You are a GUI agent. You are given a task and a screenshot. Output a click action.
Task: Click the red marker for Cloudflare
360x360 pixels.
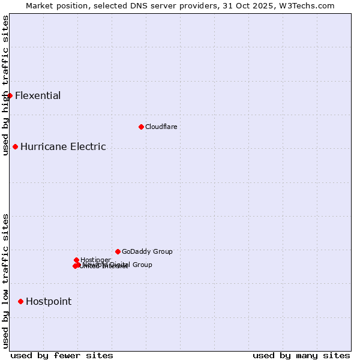[141, 127]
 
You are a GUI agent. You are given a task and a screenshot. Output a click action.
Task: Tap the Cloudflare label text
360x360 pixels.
[161, 127]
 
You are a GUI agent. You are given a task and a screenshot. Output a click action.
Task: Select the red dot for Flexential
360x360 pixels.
[10, 95]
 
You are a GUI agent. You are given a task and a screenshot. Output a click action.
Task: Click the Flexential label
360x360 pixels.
[38, 95]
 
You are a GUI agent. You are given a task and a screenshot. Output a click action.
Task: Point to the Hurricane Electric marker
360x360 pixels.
[15, 146]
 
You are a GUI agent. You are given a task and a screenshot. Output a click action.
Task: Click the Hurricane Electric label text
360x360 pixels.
[63, 146]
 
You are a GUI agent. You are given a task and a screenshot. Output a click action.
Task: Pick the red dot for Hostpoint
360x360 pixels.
[20, 301]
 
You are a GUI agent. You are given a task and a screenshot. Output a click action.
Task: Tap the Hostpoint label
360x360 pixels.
[49, 301]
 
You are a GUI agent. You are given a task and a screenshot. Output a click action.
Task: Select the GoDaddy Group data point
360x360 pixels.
[118, 251]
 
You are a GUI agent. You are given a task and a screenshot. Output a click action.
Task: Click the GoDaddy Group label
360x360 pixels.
[147, 251]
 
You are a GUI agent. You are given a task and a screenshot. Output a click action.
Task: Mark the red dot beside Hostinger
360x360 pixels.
[76, 260]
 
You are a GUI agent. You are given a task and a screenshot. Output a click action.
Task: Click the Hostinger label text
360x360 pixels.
[96, 260]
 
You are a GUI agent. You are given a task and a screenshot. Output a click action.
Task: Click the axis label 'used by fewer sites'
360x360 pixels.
[62, 355]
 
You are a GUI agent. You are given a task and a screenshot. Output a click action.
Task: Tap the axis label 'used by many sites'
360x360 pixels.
[301, 355]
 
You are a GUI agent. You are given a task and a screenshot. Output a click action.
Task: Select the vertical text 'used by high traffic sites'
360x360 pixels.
[5, 71]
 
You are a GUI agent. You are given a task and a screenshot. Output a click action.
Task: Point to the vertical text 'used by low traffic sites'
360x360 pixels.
[5, 281]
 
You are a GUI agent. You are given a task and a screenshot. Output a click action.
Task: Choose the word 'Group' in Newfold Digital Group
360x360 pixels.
[142, 265]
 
